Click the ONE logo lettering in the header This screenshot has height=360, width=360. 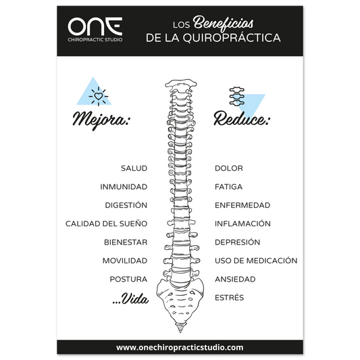point(95,26)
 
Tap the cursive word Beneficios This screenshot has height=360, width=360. point(223,24)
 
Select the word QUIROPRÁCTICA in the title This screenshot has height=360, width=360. point(232,38)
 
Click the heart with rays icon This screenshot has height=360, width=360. point(99,96)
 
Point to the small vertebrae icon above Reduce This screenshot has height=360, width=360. point(236,96)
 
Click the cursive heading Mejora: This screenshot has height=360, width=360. point(101,120)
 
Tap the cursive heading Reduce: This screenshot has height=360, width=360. point(242,119)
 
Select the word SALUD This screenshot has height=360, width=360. point(134,168)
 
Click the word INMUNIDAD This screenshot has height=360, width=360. point(124,187)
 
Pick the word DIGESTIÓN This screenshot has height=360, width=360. point(126,205)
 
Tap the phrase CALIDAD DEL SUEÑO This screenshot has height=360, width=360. point(106,224)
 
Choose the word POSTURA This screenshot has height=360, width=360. point(128,279)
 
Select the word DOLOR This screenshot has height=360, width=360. point(229,168)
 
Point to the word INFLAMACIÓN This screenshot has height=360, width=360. point(242,224)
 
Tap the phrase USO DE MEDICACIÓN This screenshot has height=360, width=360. point(256,260)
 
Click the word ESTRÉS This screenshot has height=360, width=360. point(229,298)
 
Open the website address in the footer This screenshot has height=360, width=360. point(180,347)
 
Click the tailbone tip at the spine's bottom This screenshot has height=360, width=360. point(180,330)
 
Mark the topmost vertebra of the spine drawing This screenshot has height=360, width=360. point(181,84)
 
